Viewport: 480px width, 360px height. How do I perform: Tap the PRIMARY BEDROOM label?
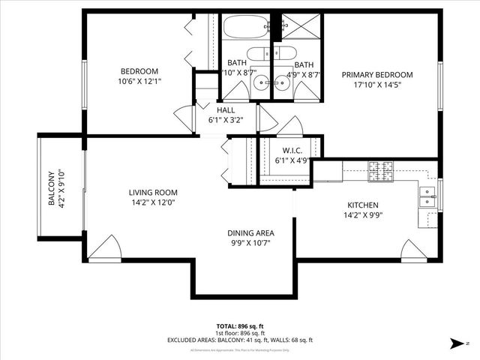(x=377, y=74)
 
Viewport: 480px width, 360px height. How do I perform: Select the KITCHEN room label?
(x=362, y=205)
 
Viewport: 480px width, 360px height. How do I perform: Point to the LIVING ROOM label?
(x=152, y=192)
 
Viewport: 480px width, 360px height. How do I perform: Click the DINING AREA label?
(x=250, y=233)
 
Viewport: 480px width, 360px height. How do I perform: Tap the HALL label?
(x=226, y=109)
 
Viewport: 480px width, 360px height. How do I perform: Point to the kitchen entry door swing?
(x=413, y=250)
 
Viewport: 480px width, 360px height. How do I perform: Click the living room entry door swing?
(x=103, y=247)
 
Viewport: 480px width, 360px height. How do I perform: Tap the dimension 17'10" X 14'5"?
(x=377, y=85)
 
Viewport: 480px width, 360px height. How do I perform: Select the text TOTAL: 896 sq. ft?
(x=239, y=325)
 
